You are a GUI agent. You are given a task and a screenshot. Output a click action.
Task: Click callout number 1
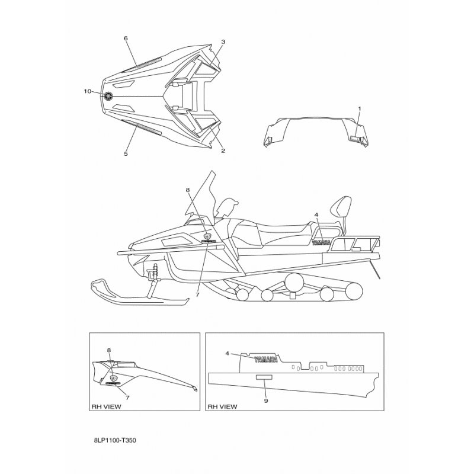pos(359,108)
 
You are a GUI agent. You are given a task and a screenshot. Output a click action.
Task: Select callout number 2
pos(223,150)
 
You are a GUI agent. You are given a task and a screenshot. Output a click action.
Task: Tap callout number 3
pos(223,42)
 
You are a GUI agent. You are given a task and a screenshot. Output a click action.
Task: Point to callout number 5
pos(126,153)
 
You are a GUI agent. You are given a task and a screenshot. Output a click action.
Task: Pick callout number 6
pos(126,38)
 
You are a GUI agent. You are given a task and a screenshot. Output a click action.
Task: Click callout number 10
pos(88,91)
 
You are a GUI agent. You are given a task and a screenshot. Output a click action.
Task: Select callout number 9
pos(266,401)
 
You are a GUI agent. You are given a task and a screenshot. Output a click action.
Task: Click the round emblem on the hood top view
pos(108,96)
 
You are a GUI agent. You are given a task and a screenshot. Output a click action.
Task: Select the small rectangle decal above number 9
pos(263,377)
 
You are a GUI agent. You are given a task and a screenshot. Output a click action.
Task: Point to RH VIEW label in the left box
pos(105,406)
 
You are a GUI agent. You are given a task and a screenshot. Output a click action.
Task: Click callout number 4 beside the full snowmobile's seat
pos(316,214)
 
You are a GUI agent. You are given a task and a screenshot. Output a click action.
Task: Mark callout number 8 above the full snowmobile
pos(187,190)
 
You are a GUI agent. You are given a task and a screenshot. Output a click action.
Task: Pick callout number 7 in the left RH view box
pos(127,398)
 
